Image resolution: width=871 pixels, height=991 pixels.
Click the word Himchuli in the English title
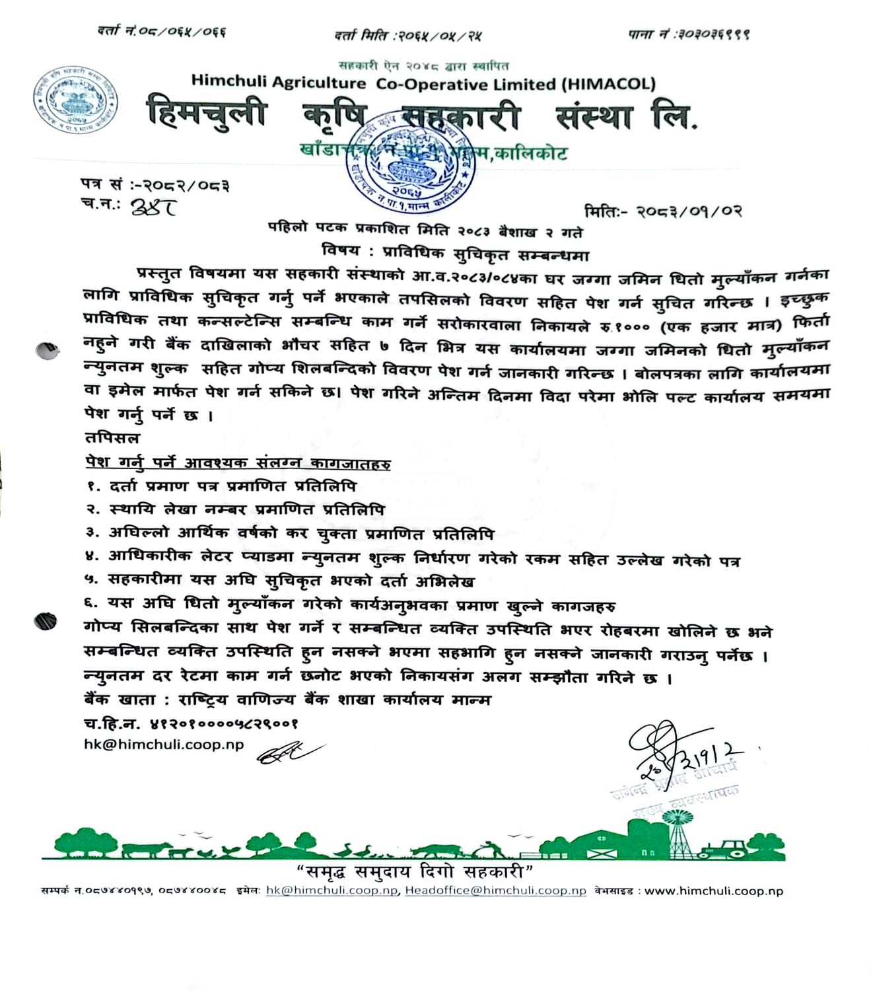pyautogui.click(x=228, y=81)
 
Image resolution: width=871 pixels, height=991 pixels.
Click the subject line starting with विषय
pyautogui.click(x=455, y=253)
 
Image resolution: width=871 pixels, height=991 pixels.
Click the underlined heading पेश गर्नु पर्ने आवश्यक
pyautogui.click(x=238, y=462)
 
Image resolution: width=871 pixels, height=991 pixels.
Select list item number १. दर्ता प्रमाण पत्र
pyautogui.click(x=221, y=486)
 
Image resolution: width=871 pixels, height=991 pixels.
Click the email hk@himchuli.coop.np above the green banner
pyautogui.click(x=164, y=745)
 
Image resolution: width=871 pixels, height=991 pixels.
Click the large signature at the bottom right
pyautogui.click(x=680, y=753)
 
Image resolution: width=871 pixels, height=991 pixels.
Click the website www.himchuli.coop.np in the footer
pyautogui.click(x=714, y=891)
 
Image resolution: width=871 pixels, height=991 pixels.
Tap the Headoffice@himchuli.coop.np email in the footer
pyautogui.click(x=495, y=891)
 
